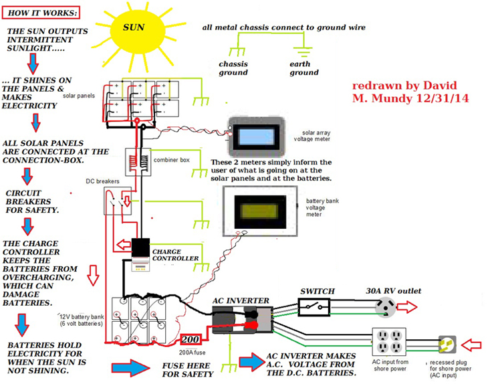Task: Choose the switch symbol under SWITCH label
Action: point(314,308)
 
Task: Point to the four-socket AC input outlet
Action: point(388,343)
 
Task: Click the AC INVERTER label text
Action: point(239,301)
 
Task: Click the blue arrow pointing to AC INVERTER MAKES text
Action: point(249,361)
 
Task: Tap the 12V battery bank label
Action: point(80,320)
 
